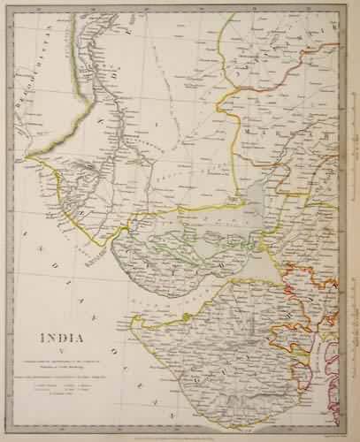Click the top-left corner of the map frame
point(12,11)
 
